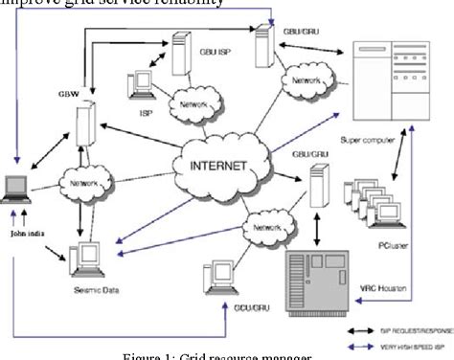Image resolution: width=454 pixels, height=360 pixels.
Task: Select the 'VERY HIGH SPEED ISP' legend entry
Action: pos(402,339)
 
